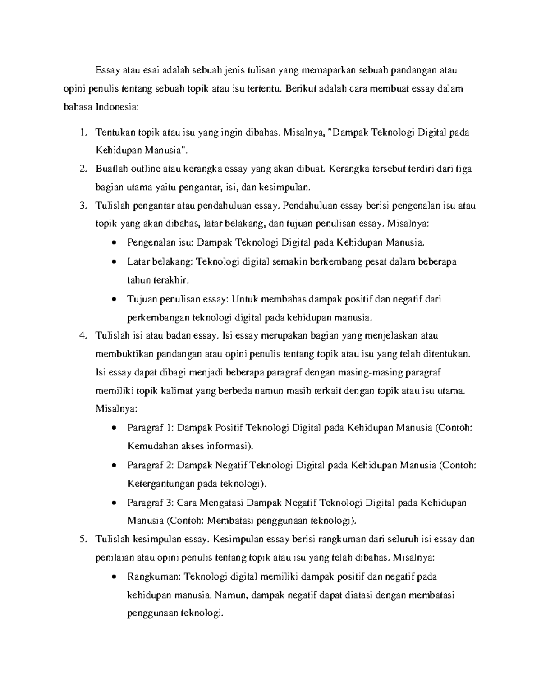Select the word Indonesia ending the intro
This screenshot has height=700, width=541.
117,107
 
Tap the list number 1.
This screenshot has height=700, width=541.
81,133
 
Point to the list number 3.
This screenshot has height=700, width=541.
81,206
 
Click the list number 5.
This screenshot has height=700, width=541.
81,539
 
